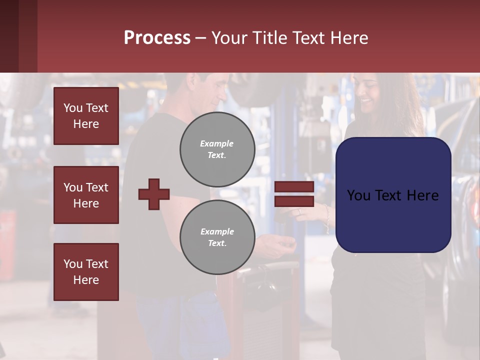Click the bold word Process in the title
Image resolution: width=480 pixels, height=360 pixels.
coord(157,38)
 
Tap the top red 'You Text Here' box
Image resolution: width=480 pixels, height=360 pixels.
coord(86,116)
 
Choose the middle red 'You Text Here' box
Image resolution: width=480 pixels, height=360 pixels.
coord(86,195)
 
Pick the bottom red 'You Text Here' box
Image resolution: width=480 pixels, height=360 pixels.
coord(86,271)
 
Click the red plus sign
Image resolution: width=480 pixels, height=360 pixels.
coord(154,194)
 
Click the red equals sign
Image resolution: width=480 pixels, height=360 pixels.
coord(294,194)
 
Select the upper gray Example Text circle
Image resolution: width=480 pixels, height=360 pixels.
coord(217,149)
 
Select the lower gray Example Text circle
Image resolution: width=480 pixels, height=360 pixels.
coord(217,237)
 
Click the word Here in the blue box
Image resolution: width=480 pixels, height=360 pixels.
coord(422,195)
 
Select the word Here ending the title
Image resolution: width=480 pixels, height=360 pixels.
coord(349,38)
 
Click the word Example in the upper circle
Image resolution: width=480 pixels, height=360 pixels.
coord(217,143)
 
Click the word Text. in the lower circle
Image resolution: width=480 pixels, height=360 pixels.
coord(217,243)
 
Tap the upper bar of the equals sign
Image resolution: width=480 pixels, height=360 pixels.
coord(294,187)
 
